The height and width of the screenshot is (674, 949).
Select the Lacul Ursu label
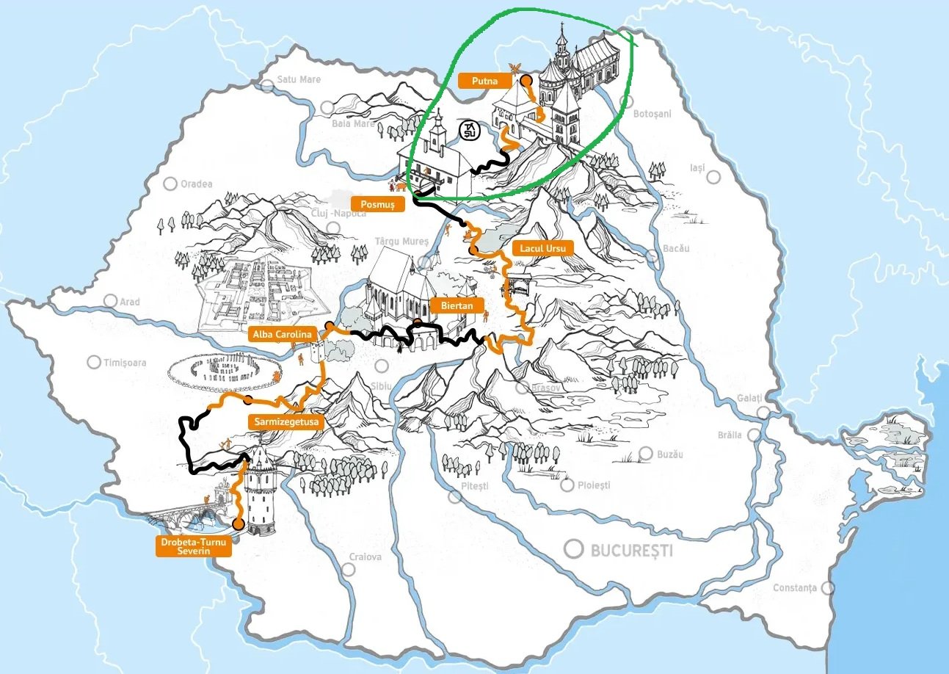point(542,248)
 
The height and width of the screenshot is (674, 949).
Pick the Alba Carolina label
point(282,334)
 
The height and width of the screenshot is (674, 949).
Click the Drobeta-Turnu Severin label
point(194,546)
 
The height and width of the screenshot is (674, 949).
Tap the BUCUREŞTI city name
point(631,550)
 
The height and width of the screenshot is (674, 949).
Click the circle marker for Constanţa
point(828,588)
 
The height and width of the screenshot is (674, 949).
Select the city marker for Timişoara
point(94,362)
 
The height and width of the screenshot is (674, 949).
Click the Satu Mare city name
point(299,79)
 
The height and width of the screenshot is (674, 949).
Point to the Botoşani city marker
point(627,101)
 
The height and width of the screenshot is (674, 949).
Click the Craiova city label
point(365,557)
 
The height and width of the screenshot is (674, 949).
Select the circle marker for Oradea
point(170,184)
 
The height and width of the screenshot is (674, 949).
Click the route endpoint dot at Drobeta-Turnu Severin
point(238,523)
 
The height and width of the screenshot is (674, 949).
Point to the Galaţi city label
point(751,398)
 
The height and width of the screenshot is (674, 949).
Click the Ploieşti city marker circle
point(567,485)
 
